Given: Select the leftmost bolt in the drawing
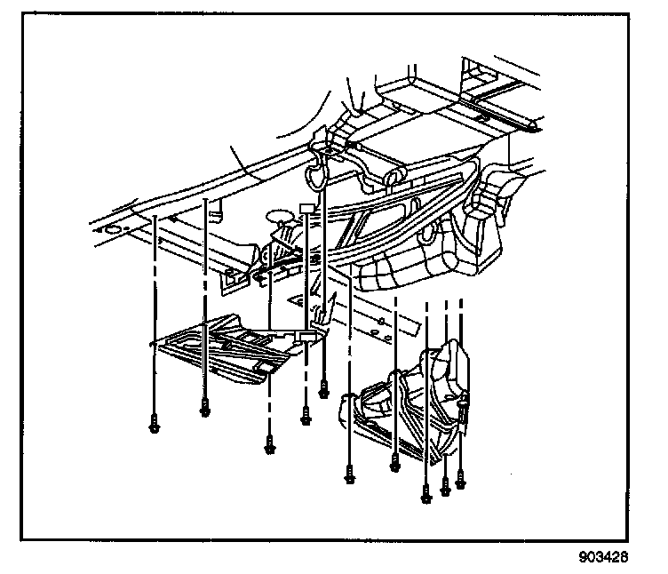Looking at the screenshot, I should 155,424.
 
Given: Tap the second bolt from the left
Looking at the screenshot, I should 205,409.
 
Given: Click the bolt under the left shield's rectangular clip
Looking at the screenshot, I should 306,415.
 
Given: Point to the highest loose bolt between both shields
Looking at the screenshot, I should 324,387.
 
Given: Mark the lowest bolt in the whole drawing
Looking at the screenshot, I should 425,494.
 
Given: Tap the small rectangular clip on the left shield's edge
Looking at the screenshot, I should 306,336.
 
